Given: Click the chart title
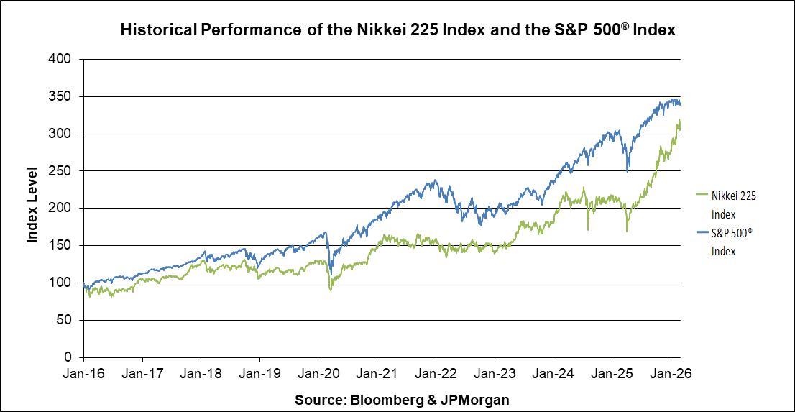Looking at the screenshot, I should point(397,30).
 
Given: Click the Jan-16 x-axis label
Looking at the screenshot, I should point(84,374).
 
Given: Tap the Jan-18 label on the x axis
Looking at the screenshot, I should point(201,374).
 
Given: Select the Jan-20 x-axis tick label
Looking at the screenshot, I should point(318,374).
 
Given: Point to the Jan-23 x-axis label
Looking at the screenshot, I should point(495,374).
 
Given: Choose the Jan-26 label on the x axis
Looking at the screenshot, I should point(671,374).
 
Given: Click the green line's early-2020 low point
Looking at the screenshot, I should point(331,290).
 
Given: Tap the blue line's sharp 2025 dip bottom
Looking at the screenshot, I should point(628,172).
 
